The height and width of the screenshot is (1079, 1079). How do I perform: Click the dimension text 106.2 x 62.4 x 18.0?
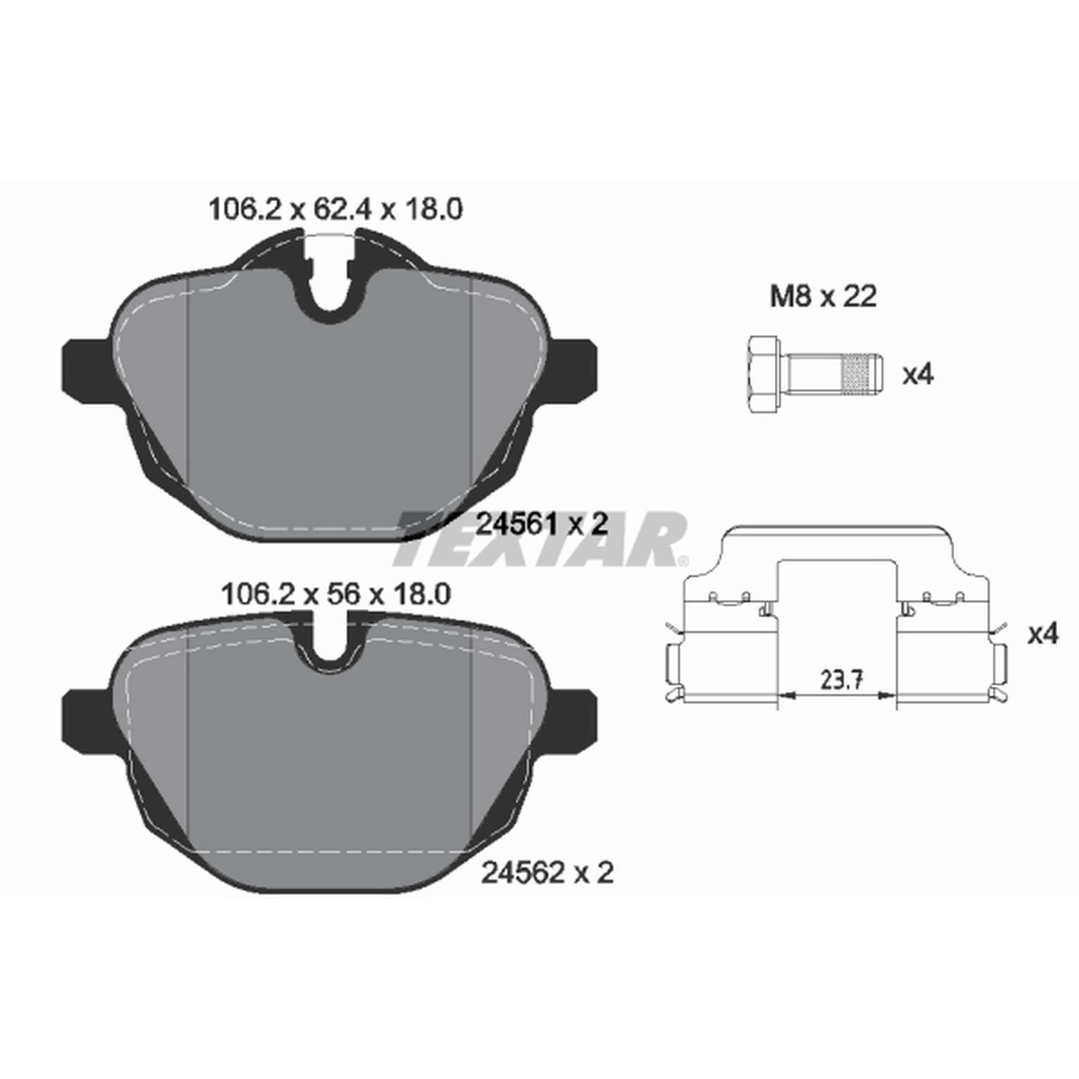point(335,210)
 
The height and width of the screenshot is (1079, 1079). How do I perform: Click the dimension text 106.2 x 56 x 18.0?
point(336,594)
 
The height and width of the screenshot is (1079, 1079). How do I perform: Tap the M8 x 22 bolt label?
point(823,297)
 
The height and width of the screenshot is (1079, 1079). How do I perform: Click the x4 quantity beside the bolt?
point(918,375)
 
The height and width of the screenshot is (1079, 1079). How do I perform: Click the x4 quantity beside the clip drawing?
point(1043,634)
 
